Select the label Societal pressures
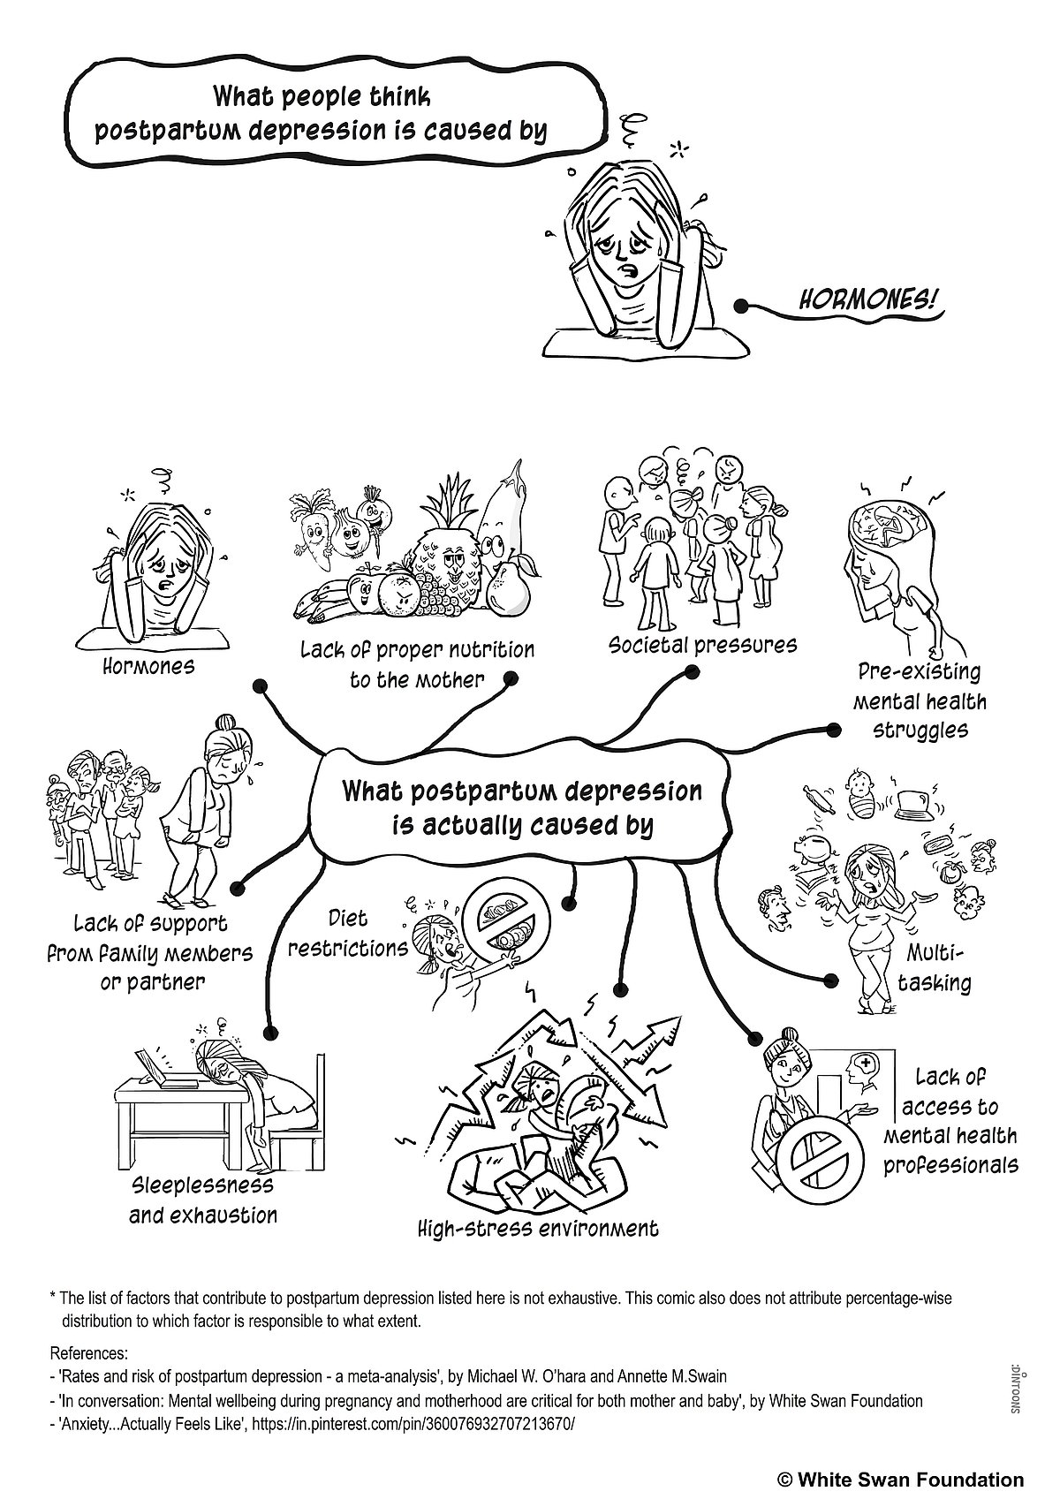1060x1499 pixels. coord(702,644)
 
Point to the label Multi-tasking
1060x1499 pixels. coord(935,967)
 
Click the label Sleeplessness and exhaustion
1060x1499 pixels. coord(203,1200)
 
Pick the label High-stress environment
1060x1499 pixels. coord(538,1228)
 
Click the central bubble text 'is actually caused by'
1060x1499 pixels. coord(522,825)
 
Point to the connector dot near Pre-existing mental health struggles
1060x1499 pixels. coord(833,730)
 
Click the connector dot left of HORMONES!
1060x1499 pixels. coord(740,307)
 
